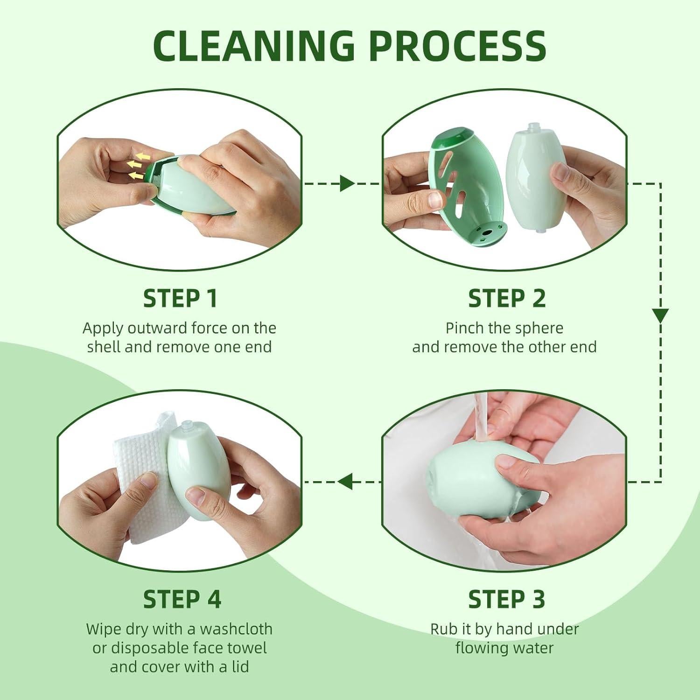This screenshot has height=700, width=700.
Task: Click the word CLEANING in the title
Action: (254, 45)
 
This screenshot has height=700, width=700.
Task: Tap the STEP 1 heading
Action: (180, 299)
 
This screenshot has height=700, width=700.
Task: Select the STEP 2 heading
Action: (507, 299)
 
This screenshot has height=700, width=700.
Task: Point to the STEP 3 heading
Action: (507, 599)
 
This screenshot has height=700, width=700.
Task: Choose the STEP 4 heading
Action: (182, 599)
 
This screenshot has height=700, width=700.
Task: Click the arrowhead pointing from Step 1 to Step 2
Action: (347, 183)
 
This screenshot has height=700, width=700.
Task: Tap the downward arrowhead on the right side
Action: (660, 316)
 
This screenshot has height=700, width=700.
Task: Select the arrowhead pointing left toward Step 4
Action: (345, 482)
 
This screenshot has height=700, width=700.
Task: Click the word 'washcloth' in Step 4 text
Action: (236, 629)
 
